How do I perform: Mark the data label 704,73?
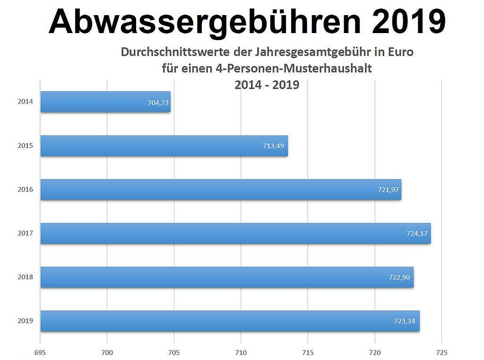point(158,102)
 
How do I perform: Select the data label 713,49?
point(273,146)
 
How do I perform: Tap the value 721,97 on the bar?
point(387,190)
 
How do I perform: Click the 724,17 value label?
point(416,234)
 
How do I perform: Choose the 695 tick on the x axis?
point(40,352)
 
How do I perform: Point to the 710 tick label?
point(241,352)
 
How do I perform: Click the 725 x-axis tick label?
point(441,352)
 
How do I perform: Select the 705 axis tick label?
point(174,352)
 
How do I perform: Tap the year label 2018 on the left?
point(26,277)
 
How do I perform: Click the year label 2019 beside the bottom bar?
point(26,321)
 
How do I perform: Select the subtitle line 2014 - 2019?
point(267,86)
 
